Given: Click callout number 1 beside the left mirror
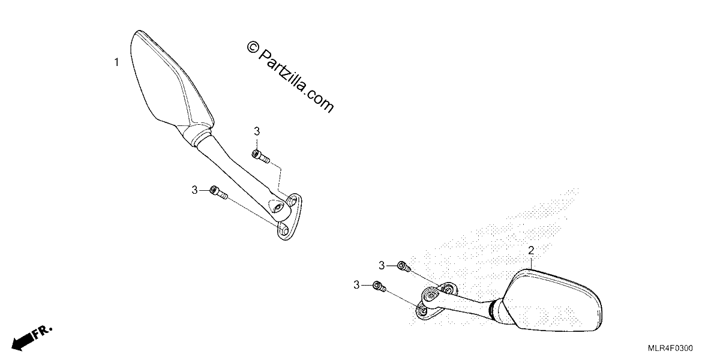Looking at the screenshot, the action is click(116, 62).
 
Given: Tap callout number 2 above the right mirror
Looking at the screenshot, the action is click(531, 251).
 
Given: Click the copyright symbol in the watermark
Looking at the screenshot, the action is click(253, 47).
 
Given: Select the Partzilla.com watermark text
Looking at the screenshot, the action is click(296, 81).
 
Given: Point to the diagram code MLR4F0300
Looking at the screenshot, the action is click(670, 348).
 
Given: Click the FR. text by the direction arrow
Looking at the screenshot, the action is click(43, 332).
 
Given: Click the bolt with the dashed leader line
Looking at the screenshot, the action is click(260, 157).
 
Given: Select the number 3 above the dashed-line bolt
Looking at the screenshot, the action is click(257, 131).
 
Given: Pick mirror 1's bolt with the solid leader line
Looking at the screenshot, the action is click(218, 192).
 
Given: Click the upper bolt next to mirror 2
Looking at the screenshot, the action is click(404, 267).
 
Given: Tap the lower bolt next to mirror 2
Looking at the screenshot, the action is click(380, 286).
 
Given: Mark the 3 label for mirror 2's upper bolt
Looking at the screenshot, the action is click(382, 265).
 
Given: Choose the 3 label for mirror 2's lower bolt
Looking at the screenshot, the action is click(356, 285).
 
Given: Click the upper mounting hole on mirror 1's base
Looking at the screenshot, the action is click(292, 202).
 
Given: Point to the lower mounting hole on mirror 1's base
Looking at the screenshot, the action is click(284, 230).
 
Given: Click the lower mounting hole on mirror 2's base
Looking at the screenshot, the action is click(424, 311).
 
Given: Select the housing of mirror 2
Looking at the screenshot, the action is click(552, 301).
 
